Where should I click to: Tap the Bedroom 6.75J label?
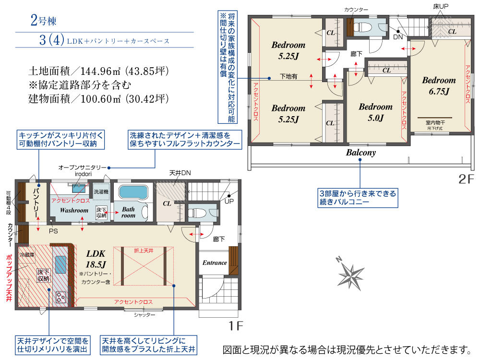439,86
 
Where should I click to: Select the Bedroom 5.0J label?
375,112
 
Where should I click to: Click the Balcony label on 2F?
361,153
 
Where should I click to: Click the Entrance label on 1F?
215,263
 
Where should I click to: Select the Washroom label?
74,210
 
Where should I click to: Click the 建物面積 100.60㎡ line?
98,99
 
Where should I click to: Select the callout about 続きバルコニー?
358,198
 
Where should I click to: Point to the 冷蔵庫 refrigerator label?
27,255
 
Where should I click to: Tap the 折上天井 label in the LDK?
144,251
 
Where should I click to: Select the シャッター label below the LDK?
144,315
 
